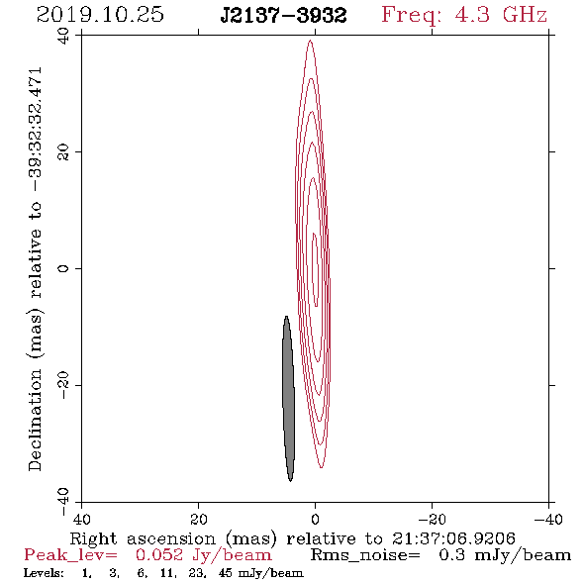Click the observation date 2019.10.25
point(100,15)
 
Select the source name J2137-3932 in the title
point(283,16)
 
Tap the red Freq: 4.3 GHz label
point(464,15)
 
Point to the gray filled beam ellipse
point(289,399)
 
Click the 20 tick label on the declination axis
point(63,152)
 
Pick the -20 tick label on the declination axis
point(63,385)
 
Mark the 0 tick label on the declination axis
point(63,268)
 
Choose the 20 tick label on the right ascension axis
point(199,520)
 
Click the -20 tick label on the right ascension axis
point(432,520)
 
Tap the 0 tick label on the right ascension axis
point(315,520)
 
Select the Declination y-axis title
point(35,269)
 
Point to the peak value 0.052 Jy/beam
point(203,555)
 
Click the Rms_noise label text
point(365,555)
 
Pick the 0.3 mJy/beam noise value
point(505,555)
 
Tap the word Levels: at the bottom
point(44,573)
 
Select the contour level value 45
point(226,573)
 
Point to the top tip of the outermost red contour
point(310,41)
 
